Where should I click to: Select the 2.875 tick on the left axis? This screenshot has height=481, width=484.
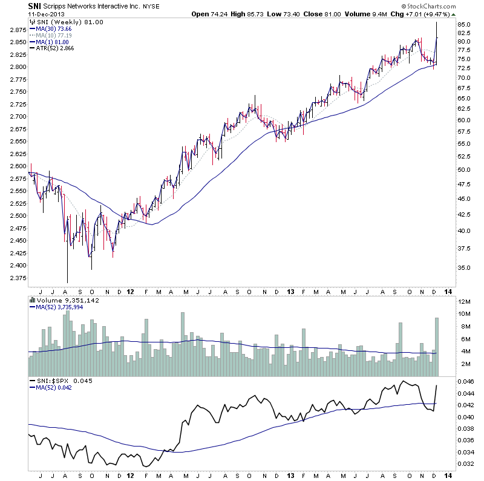point(18,29)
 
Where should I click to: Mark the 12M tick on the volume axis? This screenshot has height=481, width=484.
point(465,301)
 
